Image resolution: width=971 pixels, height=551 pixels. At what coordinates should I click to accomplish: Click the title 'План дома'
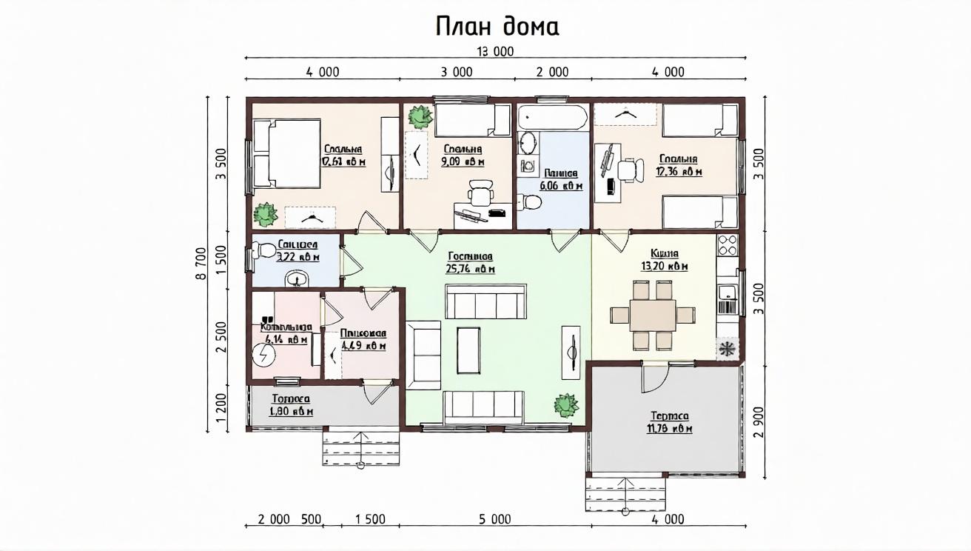pos(497,27)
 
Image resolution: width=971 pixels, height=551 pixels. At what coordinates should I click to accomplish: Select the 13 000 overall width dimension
pos(495,51)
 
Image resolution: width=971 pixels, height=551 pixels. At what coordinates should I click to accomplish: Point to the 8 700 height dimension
pos(201,264)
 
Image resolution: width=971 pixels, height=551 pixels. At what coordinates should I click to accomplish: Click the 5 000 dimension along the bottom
pos(494,519)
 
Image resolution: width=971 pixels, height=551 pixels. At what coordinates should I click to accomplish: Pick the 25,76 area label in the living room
pos(471,269)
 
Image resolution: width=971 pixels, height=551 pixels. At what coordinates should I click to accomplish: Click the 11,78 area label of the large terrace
pos(671,429)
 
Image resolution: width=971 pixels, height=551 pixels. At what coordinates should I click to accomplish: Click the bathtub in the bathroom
pos(552,117)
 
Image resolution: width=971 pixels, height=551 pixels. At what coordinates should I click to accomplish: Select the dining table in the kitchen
pos(652,315)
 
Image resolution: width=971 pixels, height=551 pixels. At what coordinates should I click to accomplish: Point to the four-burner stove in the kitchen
pos(728,245)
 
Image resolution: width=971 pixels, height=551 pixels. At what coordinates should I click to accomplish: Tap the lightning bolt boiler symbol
pos(263,355)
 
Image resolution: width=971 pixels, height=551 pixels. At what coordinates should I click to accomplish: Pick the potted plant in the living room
pos(566,405)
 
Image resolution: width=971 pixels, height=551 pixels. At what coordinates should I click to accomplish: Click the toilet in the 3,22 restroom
pos(264,250)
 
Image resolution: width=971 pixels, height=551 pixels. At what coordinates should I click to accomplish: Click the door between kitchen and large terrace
pos(654,377)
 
